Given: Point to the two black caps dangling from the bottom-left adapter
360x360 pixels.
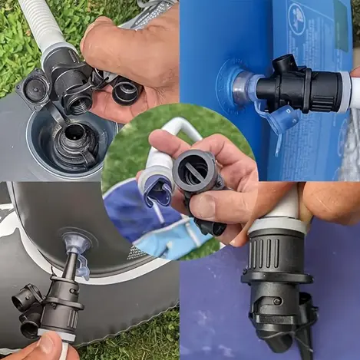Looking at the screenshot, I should click(x=28, y=307).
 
